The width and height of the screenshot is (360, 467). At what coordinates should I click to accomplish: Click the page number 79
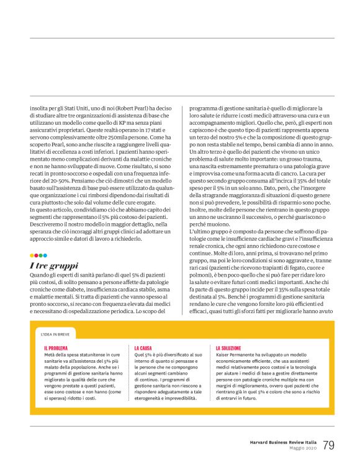(x=328, y=445)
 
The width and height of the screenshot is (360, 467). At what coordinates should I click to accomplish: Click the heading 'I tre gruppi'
(x=53, y=265)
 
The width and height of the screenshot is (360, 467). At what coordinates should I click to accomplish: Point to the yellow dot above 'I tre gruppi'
(x=32, y=255)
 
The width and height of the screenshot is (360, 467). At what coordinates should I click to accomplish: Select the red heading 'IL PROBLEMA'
(x=56, y=348)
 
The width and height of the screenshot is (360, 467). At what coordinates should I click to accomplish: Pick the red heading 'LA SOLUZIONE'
(x=230, y=348)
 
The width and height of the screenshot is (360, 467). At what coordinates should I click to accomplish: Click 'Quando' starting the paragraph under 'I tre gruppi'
(x=38, y=275)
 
